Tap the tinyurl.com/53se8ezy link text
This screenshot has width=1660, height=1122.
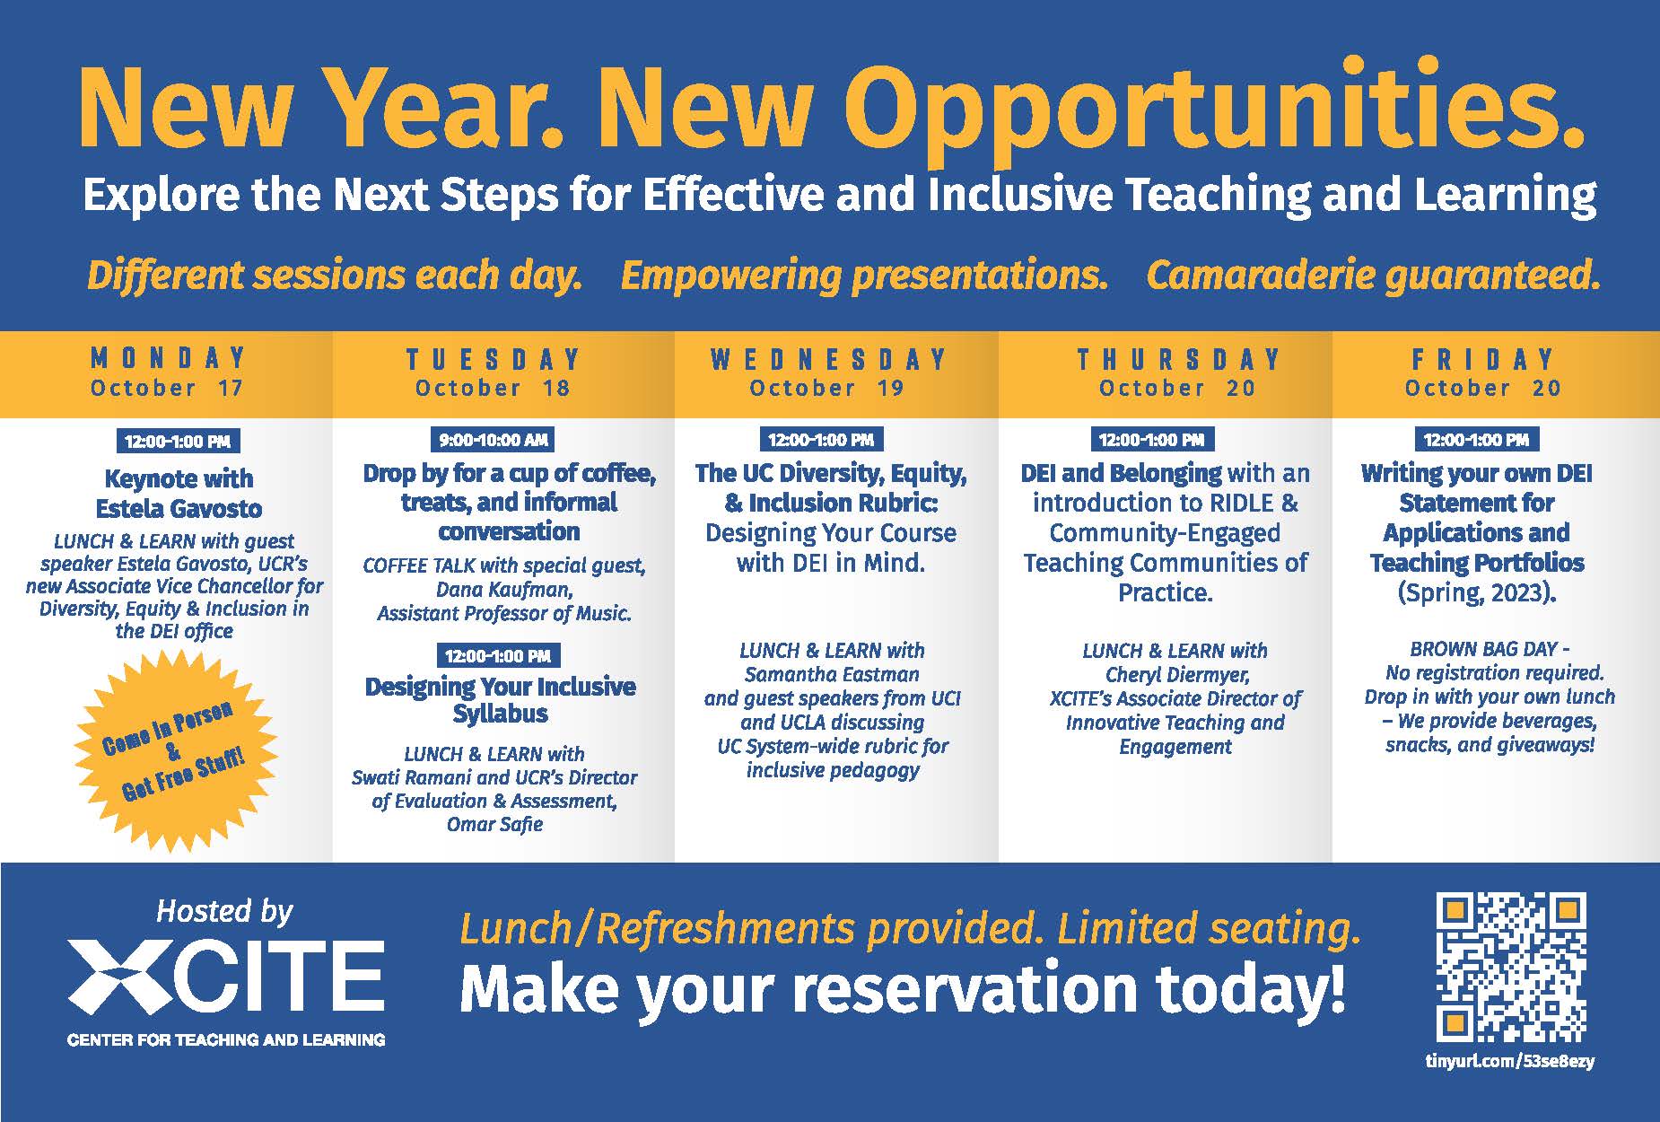1510,1061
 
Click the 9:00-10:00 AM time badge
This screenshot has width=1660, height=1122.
493,440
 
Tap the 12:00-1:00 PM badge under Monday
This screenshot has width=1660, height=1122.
178,442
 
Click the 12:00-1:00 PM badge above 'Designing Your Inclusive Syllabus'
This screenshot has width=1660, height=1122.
498,656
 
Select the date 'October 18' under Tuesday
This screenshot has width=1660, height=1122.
493,389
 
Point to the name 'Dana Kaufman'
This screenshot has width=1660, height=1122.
504,590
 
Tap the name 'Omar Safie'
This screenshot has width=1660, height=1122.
494,824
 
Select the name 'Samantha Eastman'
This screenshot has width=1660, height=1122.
832,675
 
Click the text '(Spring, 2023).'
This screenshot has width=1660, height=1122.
1477,593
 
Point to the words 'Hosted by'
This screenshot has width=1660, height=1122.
224,912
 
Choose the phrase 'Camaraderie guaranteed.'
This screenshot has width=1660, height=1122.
1373,275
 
